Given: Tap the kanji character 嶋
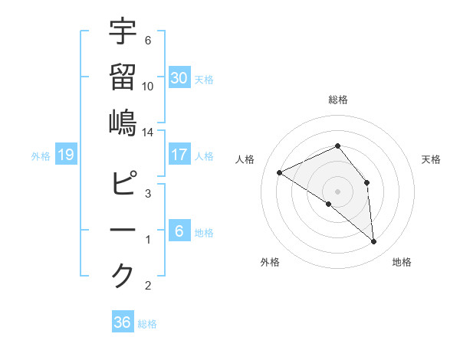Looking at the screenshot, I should (123, 122).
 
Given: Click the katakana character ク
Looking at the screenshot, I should (123, 275).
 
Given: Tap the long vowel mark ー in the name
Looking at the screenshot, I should (123, 230).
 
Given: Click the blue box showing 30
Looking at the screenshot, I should (179, 78).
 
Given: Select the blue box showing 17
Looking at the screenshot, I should (179, 155).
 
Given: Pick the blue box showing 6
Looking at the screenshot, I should (179, 231).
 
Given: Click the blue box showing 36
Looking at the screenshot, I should (123, 322).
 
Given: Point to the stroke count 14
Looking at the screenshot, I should (148, 133).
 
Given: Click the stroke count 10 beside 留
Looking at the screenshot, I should (148, 86).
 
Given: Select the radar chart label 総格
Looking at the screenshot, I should (337, 100).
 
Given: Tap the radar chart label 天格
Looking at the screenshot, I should (431, 159).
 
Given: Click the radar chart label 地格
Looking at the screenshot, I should (402, 262).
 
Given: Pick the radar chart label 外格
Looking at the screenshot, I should (270, 262).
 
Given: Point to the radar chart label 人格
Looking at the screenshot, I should (245, 159).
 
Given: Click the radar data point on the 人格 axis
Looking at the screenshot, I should (280, 172).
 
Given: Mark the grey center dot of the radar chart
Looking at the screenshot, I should (337, 191).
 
